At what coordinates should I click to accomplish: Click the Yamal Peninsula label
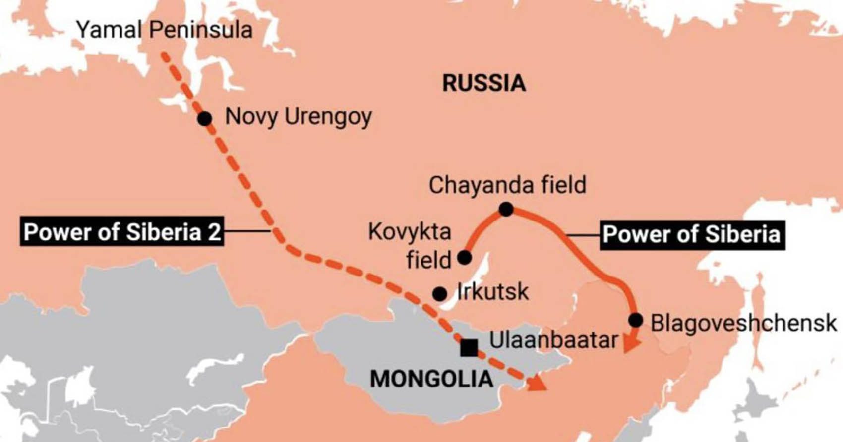coord(164,30)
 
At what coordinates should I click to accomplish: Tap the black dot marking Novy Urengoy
coord(204,118)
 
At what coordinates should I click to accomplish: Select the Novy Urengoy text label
coord(298,117)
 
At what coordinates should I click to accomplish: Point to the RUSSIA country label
coord(483,83)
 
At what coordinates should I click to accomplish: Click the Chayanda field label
coord(507,185)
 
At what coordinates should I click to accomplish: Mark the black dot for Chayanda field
coord(506,209)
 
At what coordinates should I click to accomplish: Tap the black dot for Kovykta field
coord(464,257)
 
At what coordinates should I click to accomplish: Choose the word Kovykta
coord(409,231)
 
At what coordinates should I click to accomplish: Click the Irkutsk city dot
coord(439,294)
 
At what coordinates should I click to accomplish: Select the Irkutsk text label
coord(492,292)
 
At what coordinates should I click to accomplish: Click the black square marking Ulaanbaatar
coord(469,348)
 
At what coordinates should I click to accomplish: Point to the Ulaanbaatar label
coord(553,340)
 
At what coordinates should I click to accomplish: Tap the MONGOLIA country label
coord(431,379)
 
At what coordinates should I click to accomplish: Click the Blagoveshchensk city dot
coord(635,320)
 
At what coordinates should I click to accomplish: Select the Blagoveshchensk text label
coord(743,323)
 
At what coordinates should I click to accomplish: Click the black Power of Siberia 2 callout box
coord(122,231)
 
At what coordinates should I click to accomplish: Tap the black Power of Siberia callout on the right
coord(692,234)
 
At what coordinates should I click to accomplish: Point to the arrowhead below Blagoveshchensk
coord(631,344)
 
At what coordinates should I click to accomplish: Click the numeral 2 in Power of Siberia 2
coord(214,232)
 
